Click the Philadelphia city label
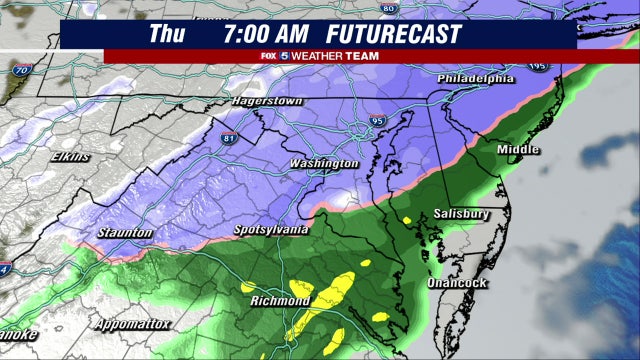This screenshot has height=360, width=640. (x=475, y=79)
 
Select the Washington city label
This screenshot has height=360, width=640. (x=323, y=163)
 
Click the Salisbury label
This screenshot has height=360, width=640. (x=461, y=214)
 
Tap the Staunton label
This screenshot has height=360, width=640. (x=125, y=233)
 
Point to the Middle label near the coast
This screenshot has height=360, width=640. (x=518, y=150)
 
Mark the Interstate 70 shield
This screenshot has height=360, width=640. (x=20, y=71)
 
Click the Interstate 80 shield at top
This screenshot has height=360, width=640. (x=390, y=8)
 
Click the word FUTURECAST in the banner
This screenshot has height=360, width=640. (x=405, y=34)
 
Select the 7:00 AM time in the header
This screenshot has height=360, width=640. (x=267, y=34)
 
